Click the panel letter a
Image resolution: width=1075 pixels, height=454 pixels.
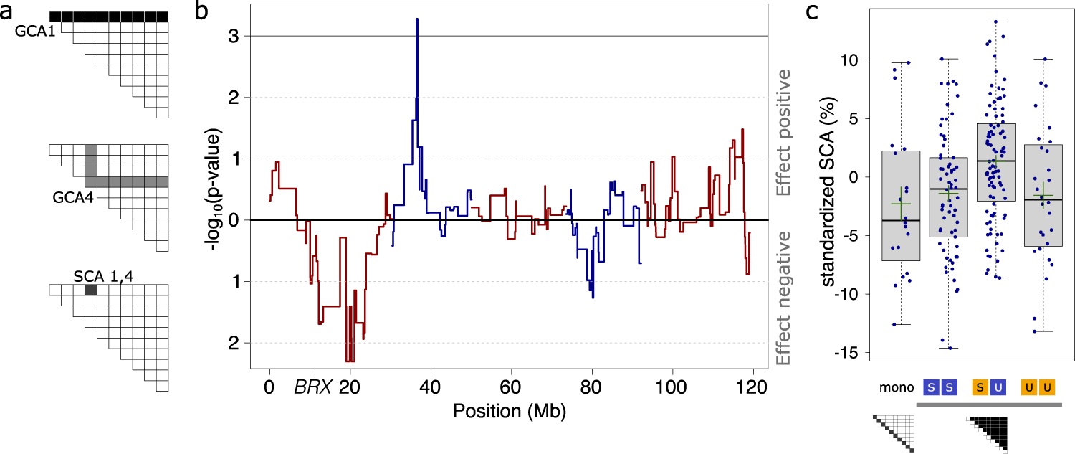(9, 12)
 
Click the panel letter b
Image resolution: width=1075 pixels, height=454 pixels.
(202, 12)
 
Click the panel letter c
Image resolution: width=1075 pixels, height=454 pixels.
(813, 12)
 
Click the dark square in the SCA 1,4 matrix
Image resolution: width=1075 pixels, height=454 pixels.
(91, 290)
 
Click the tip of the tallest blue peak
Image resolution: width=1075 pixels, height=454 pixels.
(416, 19)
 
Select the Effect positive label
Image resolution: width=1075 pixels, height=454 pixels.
(785, 133)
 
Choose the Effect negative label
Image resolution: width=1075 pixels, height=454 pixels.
(785, 298)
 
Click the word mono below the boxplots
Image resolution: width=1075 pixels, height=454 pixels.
(897, 388)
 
